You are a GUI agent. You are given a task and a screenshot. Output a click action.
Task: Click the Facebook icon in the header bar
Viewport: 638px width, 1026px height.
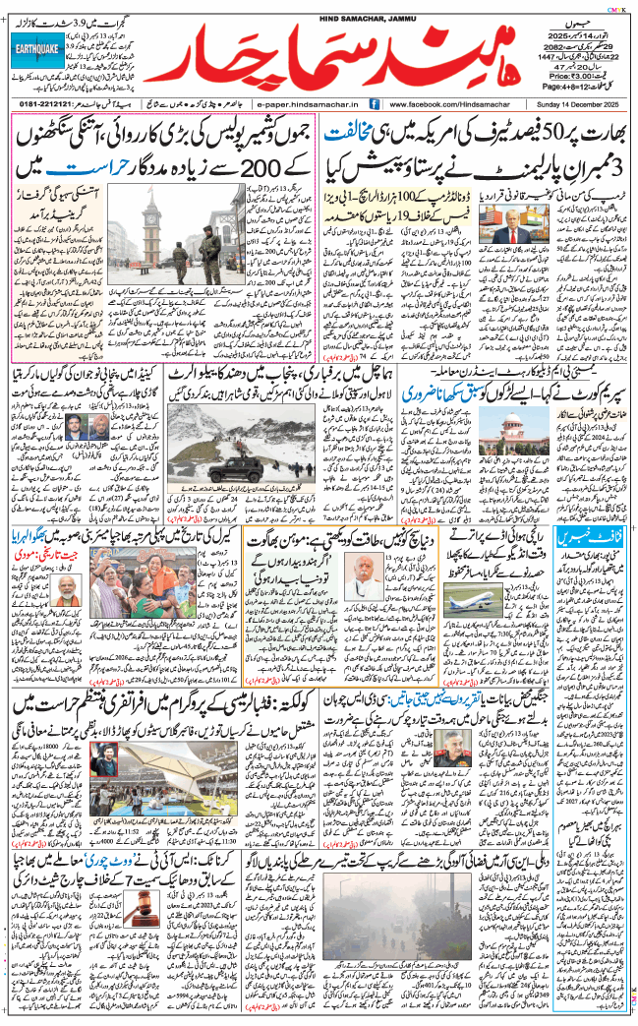376,103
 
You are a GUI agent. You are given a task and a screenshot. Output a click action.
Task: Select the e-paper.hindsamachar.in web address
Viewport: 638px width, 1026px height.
309,103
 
